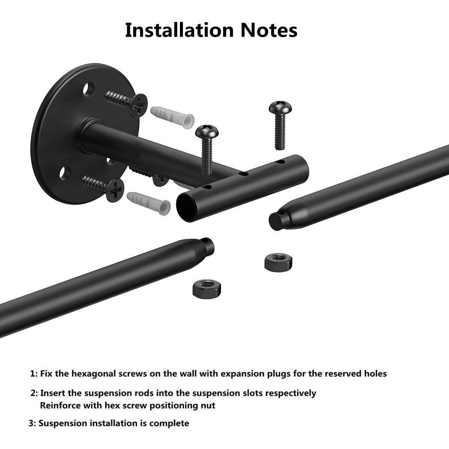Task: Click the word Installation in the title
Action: coord(180,30)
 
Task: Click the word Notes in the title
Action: coord(269,30)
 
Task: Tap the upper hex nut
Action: coord(278,262)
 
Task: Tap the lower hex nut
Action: coord(207,289)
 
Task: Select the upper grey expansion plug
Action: coord(172,117)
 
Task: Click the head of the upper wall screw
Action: coord(139,105)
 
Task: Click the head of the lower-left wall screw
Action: coord(115,190)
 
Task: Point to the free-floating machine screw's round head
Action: coord(280,107)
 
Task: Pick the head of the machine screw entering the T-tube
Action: coord(207,132)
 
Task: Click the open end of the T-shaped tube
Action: coord(187,208)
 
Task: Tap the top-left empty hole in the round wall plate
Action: coord(89,89)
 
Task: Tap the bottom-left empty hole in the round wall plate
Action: coord(65,173)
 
